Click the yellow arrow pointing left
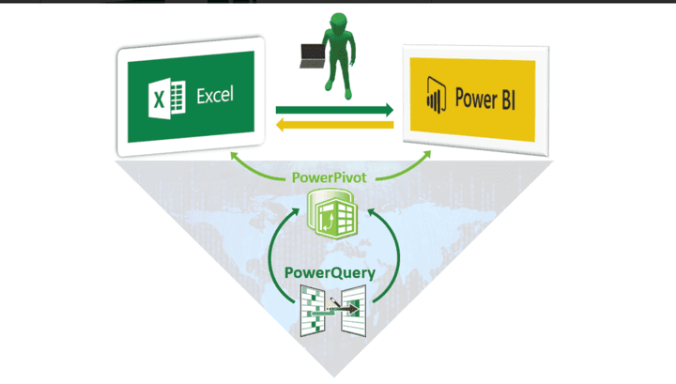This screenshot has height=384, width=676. [x=333, y=124]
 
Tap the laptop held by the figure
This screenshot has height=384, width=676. [x=309, y=55]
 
